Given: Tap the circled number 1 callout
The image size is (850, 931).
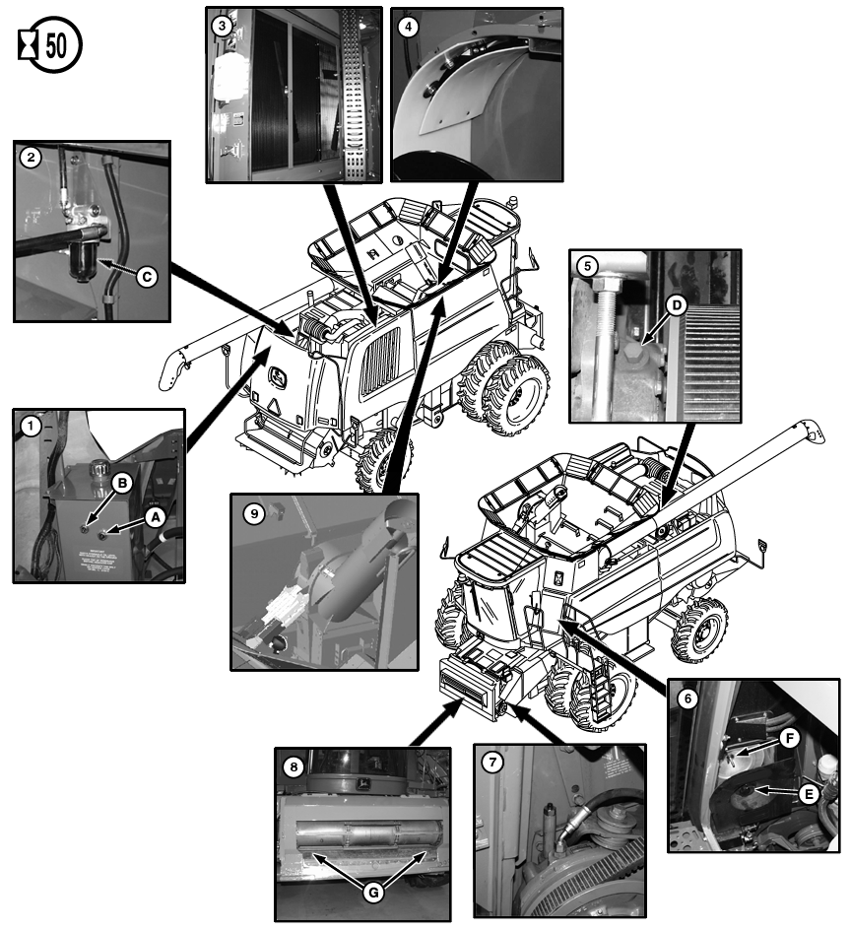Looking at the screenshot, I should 32,428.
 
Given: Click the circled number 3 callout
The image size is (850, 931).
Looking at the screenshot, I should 224,26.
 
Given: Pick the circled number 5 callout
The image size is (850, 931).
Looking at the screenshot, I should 586,266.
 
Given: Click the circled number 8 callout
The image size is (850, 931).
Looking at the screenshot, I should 293,765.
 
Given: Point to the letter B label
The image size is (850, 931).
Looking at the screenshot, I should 122,483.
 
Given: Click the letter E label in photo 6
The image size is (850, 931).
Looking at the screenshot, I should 808,791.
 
